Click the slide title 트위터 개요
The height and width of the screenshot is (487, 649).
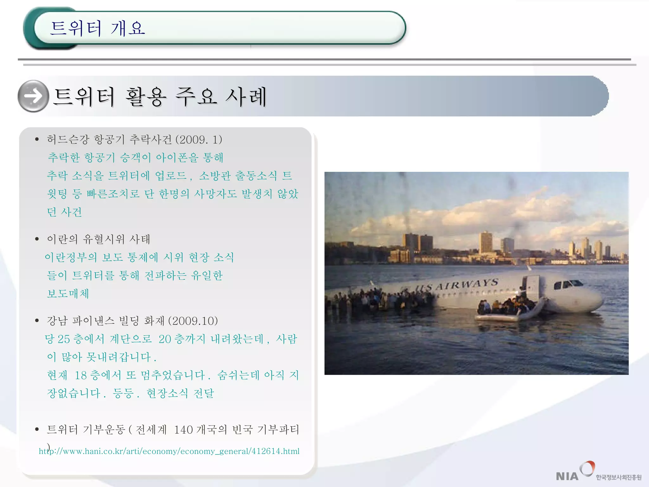click(x=98, y=28)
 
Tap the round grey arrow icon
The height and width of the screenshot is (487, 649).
click(x=33, y=96)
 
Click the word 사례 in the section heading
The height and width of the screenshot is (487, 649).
click(x=246, y=96)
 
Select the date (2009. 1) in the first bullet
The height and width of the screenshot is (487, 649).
click(x=199, y=140)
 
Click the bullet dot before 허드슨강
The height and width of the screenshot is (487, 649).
click(x=37, y=140)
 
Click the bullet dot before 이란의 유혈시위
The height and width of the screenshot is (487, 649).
click(x=37, y=239)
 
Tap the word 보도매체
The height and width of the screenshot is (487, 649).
click(x=68, y=294)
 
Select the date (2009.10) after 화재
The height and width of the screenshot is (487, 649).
click(x=193, y=321)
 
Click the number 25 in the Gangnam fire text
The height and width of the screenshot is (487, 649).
click(x=64, y=339)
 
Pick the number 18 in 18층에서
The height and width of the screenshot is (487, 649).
click(x=80, y=375)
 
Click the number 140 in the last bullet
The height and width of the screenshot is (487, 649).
click(x=183, y=430)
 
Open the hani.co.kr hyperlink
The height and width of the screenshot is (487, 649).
click(x=169, y=451)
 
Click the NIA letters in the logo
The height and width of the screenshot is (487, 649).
click(x=567, y=476)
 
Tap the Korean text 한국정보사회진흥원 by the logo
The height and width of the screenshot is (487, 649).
click(x=619, y=477)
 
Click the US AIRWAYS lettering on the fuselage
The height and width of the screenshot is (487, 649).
click(x=458, y=285)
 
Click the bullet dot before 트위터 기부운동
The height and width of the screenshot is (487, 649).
click(x=37, y=430)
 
